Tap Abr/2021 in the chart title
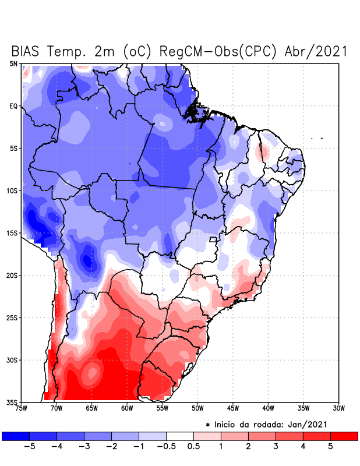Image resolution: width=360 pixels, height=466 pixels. coord(316,51)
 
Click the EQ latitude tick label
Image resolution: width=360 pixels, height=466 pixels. coord(13,106)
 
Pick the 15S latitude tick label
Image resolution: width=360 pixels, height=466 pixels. coord(12,233)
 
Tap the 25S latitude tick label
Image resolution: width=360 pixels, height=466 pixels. coord(12,317)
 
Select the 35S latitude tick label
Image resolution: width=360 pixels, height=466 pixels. coord(12,402)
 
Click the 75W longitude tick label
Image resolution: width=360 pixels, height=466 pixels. coord(22,408)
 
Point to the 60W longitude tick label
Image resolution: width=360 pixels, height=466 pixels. coord(127,408)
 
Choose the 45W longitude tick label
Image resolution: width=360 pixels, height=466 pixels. coord(233,408)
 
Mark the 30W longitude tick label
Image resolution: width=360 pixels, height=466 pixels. coord(338,408)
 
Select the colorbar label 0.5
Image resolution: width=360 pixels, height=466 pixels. coord(193,446)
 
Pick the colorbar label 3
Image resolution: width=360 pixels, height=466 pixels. coord(276,446)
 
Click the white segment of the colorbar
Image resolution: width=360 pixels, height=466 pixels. coord(180,436)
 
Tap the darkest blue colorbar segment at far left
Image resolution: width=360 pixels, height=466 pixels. coord(16,436)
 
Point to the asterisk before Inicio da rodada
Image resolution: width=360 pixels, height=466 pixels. coord(208,425)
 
